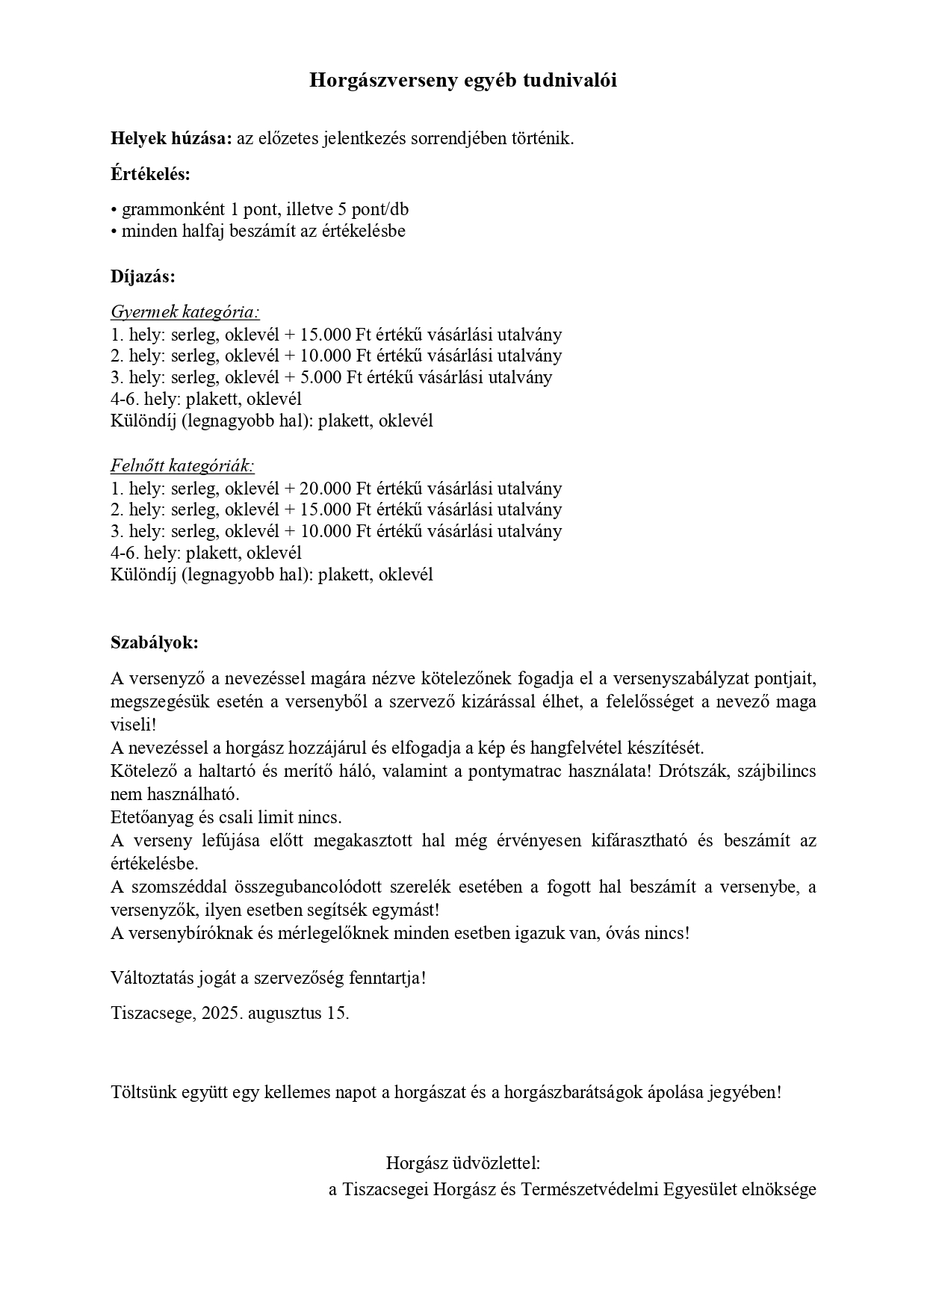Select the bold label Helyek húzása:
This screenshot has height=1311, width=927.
point(172,138)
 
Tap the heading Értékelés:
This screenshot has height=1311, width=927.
point(150,175)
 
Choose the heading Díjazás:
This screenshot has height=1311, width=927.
point(143,276)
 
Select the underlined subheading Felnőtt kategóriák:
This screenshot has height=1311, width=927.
point(182,466)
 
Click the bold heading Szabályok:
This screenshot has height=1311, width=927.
point(155,642)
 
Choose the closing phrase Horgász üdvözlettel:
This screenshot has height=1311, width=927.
point(462,1163)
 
